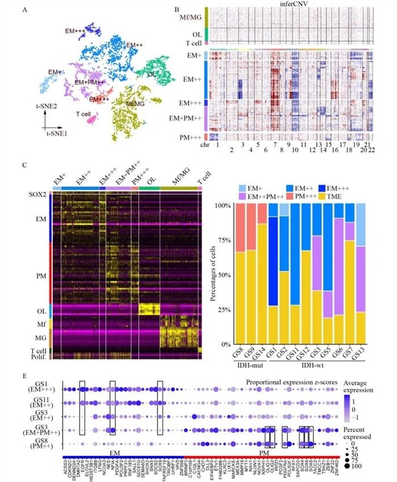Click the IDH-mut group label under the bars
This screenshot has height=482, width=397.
pyautogui.click(x=247, y=362)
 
